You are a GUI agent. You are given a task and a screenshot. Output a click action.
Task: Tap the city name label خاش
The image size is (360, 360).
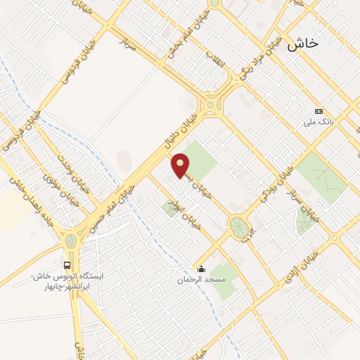[302, 43]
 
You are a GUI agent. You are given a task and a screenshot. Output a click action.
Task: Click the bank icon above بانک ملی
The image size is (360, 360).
[319, 110]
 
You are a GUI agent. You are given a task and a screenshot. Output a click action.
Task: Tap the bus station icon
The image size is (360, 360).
[67, 265]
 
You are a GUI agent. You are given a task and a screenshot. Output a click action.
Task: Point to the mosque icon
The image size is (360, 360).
[202, 268]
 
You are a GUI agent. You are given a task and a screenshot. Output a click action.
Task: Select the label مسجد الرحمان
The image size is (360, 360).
[202, 280]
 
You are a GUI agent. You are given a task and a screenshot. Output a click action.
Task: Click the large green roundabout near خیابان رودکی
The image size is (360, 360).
[238, 226]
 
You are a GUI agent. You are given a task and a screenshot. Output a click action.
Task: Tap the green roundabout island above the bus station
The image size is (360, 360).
[71, 240]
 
